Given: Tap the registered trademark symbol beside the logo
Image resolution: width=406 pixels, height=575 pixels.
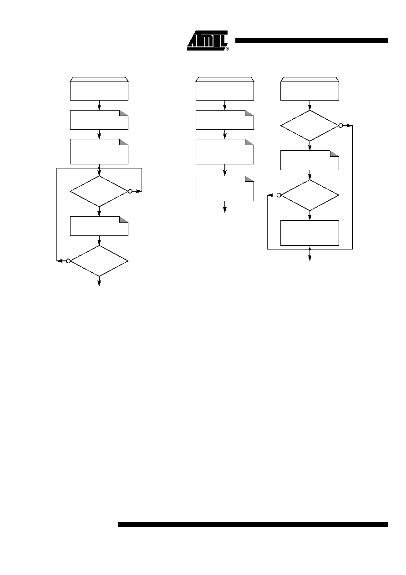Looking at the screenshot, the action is (x=227, y=49).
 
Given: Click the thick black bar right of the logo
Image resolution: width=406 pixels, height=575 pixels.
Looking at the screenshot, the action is (x=311, y=41).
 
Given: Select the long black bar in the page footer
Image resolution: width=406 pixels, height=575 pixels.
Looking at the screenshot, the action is (x=253, y=524).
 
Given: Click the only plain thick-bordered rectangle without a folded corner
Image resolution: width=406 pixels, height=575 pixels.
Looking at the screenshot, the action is (x=310, y=233).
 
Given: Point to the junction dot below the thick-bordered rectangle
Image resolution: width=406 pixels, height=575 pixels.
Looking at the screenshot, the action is (x=310, y=249).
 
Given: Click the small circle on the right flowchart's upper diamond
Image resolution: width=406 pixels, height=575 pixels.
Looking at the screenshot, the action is (x=340, y=126).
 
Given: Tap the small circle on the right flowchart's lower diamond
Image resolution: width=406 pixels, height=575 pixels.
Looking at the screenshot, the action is (x=279, y=195).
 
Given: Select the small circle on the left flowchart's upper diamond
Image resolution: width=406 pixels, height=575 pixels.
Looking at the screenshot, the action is (x=130, y=191).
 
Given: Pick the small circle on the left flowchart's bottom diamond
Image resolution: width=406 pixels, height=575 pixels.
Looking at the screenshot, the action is (x=68, y=261).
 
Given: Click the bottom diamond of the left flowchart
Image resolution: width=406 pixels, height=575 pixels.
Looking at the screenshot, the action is (x=99, y=261).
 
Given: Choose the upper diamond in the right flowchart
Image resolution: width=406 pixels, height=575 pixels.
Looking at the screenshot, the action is (x=310, y=126).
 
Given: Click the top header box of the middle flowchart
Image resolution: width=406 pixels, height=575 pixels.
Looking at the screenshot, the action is (x=224, y=89).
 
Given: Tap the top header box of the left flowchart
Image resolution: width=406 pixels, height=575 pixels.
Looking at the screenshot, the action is (x=99, y=89).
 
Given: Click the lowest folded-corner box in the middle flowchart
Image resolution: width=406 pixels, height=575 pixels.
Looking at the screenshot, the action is (x=224, y=188).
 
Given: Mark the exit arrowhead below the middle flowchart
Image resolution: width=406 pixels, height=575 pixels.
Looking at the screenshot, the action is (x=224, y=210).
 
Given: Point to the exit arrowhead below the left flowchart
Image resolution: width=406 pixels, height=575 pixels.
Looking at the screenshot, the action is (x=99, y=283).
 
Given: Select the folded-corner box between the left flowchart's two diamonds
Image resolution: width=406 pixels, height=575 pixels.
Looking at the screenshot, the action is (x=99, y=226).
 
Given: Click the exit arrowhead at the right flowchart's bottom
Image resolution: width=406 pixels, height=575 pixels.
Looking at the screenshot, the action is (x=310, y=258).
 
